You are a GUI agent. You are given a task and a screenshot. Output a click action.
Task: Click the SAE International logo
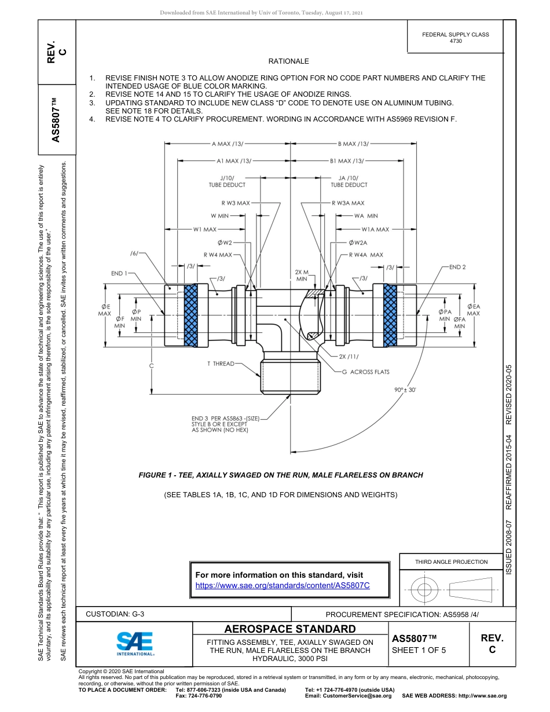(135, 643)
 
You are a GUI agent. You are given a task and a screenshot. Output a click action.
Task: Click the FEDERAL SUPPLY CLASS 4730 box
(455, 38)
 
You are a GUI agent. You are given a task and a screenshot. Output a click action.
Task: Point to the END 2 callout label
(457, 267)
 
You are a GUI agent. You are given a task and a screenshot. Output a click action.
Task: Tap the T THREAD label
(221, 364)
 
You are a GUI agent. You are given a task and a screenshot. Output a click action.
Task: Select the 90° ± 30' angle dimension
(406, 390)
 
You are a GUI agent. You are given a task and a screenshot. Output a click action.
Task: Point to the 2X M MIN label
(302, 275)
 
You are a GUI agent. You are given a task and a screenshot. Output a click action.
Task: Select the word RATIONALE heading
(288, 61)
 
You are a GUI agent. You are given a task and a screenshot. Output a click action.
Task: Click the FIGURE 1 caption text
(281, 475)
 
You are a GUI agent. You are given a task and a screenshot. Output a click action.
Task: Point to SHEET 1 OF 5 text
(419, 649)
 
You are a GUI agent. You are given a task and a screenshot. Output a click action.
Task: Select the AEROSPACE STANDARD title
(290, 629)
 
